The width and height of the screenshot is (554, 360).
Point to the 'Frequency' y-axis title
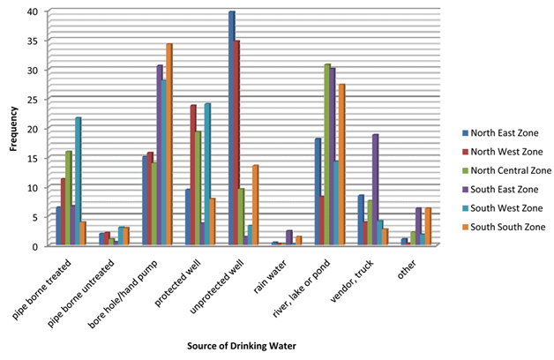click(12, 129)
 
